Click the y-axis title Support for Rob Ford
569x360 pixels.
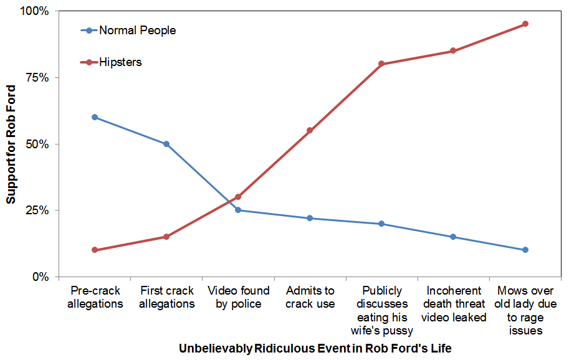pyautogui.click(x=11, y=144)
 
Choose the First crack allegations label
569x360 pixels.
pyautogui.click(x=166, y=297)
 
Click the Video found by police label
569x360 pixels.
pyautogui.click(x=238, y=297)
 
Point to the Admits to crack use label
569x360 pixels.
pyautogui.click(x=310, y=297)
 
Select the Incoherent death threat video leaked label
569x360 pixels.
pyautogui.click(x=453, y=304)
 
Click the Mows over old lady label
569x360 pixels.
pyautogui.click(x=525, y=310)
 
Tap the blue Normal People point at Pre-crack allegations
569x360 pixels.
pyautogui.click(x=95, y=117)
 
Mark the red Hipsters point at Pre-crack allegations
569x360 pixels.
pyautogui.click(x=95, y=250)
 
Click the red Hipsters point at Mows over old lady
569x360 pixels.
pyautogui.click(x=525, y=24)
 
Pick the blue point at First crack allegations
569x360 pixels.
pyautogui.click(x=166, y=144)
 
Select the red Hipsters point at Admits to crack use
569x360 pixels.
pyautogui.click(x=310, y=130)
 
